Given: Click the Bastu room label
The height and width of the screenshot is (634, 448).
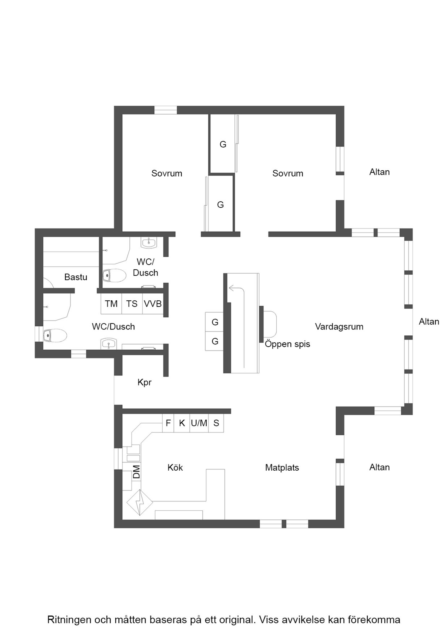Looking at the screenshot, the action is (76, 277).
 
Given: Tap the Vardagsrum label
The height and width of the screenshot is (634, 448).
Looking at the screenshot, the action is (339, 327).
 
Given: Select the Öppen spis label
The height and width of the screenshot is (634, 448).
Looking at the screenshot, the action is (288, 344).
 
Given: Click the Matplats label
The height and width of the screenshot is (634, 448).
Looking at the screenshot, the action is (282, 468).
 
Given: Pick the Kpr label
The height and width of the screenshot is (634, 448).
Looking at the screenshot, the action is (144, 382).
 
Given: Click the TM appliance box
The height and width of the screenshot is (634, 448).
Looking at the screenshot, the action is (111, 304).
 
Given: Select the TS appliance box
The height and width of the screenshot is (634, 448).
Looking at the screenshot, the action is (132, 304).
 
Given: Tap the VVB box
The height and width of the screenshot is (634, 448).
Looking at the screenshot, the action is (153, 304).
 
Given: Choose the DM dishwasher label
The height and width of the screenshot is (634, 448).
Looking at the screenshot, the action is (136, 472).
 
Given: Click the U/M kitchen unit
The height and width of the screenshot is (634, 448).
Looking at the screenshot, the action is (199, 423).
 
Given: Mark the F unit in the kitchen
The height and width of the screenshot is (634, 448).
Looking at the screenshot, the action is (168, 423).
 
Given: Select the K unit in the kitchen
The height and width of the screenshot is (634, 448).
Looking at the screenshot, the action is (182, 423).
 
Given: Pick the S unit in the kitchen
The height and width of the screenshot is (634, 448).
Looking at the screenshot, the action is (216, 423).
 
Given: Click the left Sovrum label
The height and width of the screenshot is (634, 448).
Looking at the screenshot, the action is (167, 173).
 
